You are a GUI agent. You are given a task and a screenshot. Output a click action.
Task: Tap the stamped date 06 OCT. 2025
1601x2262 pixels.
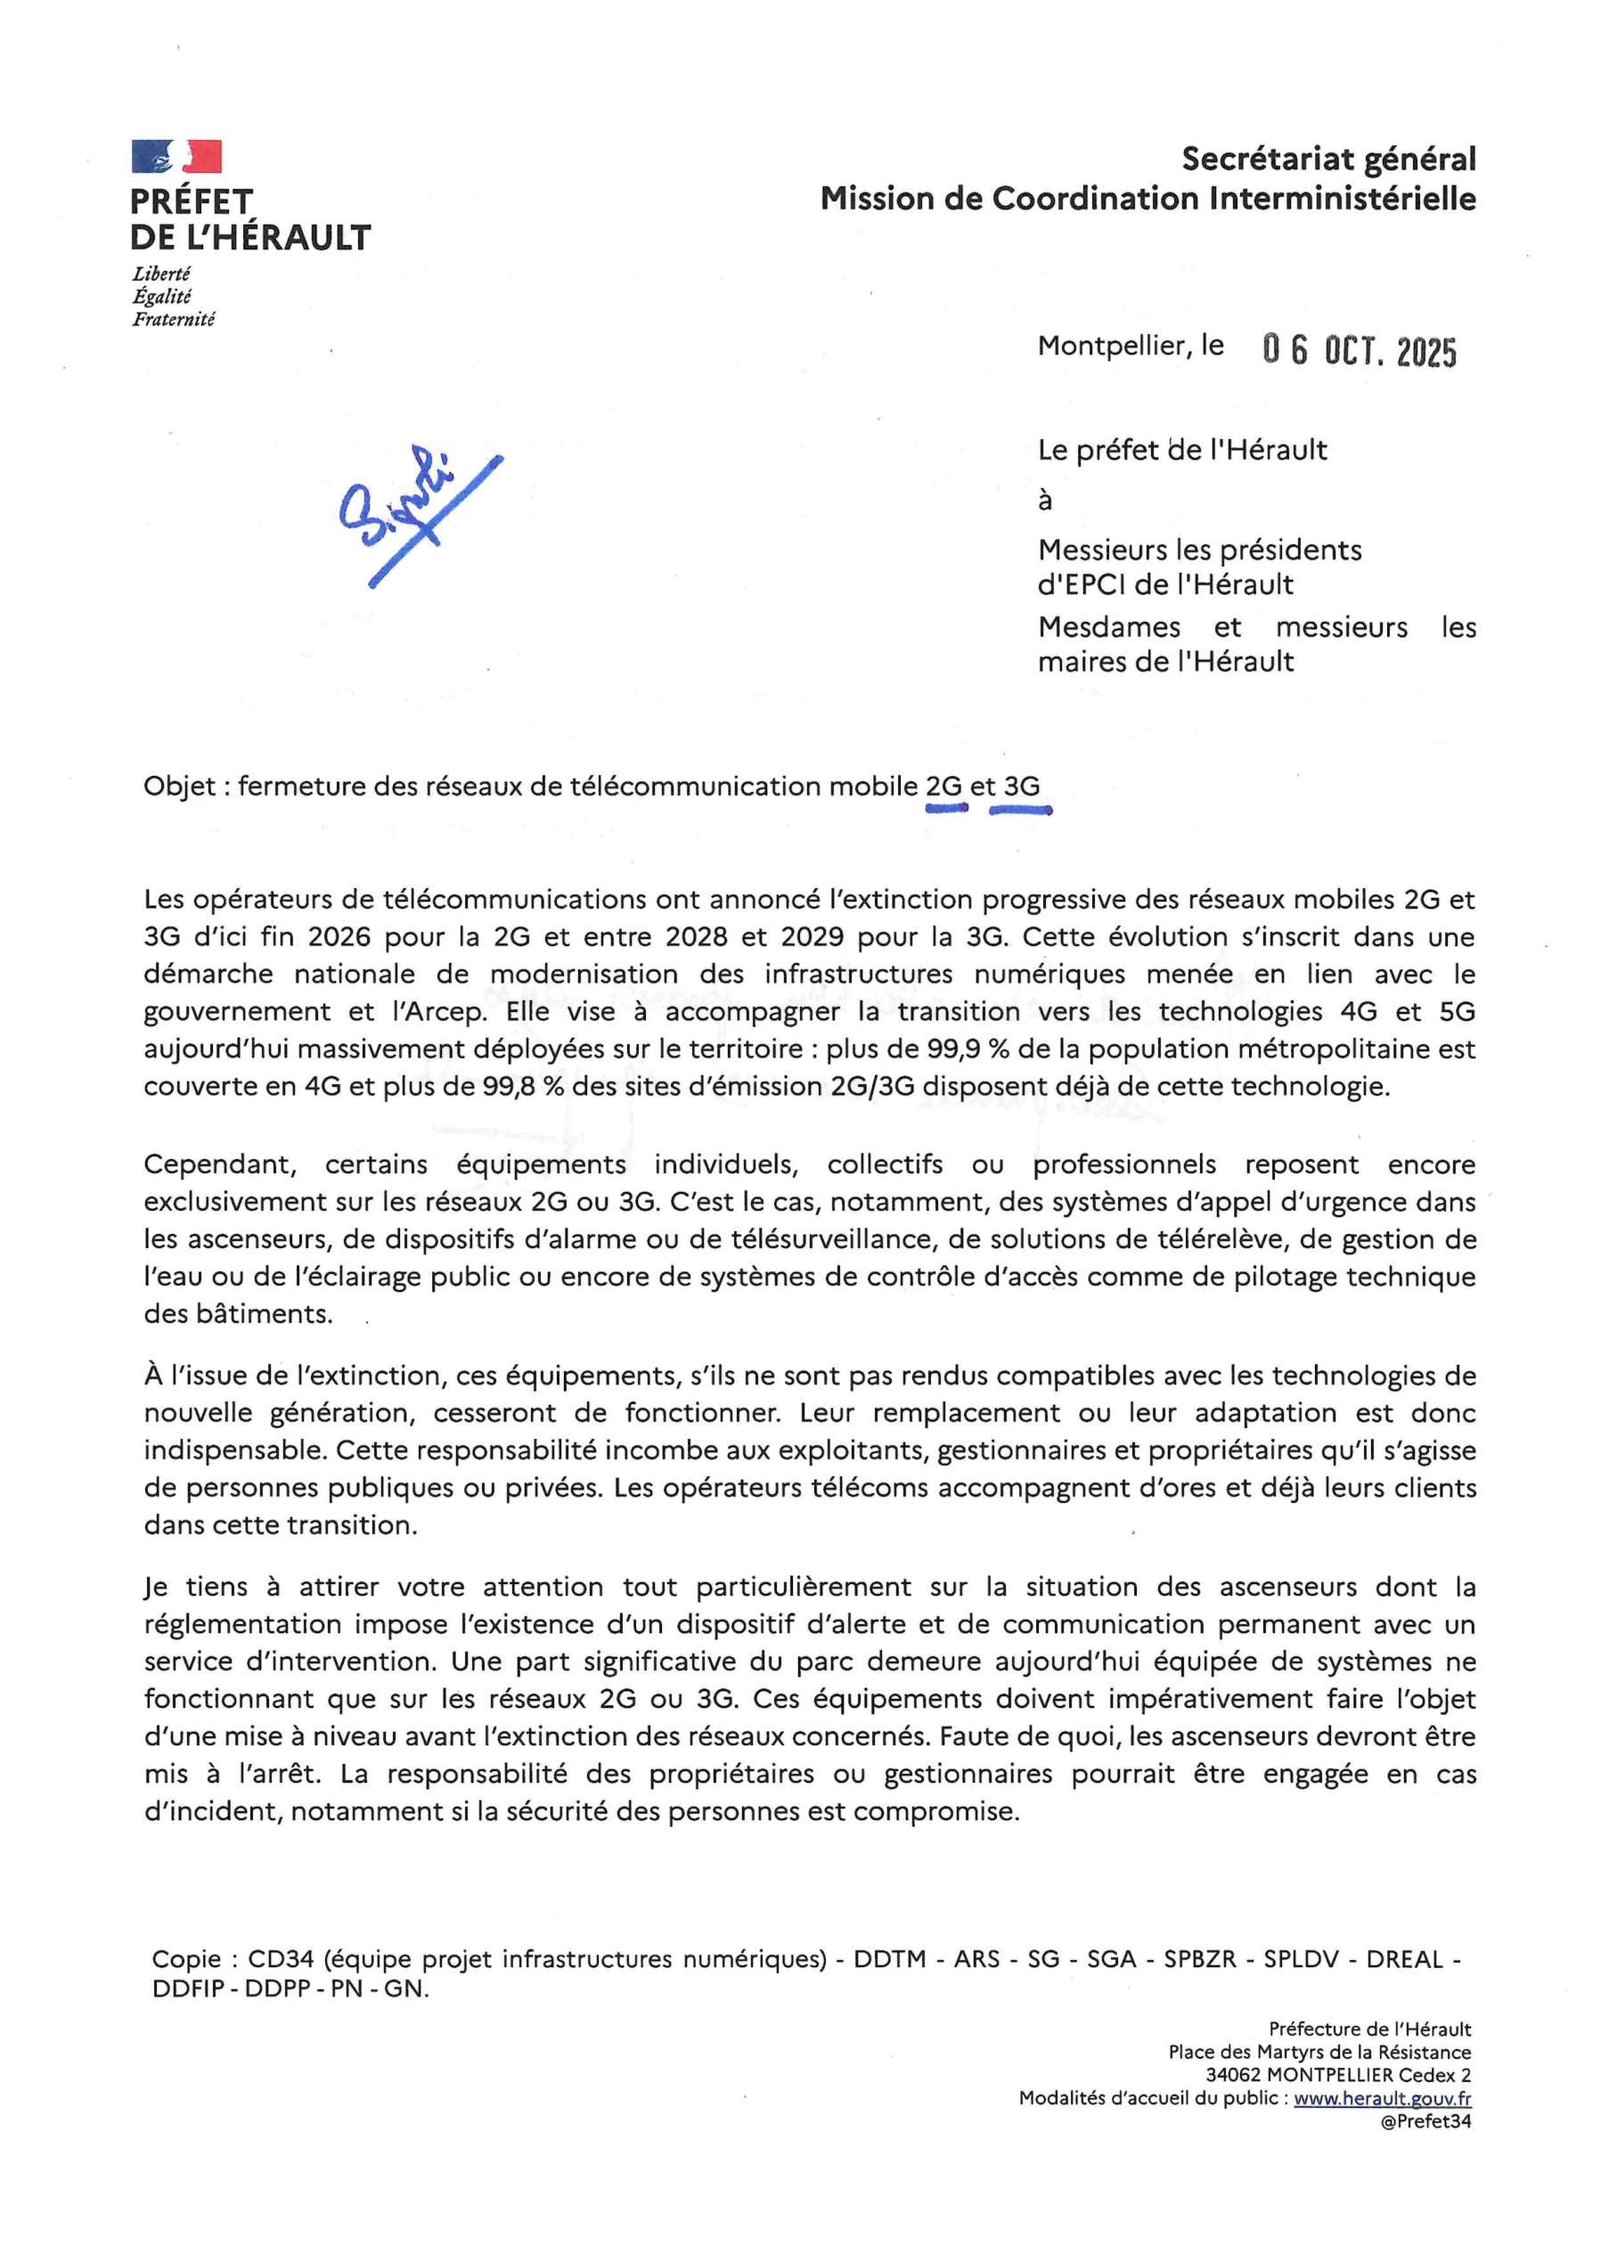(1360, 351)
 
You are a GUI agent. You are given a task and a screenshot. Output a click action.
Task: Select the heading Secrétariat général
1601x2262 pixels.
(1327, 159)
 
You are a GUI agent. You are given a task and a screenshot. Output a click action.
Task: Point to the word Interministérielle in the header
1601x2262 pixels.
(1342, 199)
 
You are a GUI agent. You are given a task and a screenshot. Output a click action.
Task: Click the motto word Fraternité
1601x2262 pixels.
(174, 319)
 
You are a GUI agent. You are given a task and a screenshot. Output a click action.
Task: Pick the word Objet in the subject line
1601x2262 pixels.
(179, 787)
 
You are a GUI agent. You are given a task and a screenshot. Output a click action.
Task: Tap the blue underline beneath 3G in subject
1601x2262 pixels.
(1020, 811)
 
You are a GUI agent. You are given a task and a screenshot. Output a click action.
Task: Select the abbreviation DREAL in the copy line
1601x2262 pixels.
(1404, 1959)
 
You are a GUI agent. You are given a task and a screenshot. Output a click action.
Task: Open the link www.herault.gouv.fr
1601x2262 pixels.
(1382, 2099)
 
